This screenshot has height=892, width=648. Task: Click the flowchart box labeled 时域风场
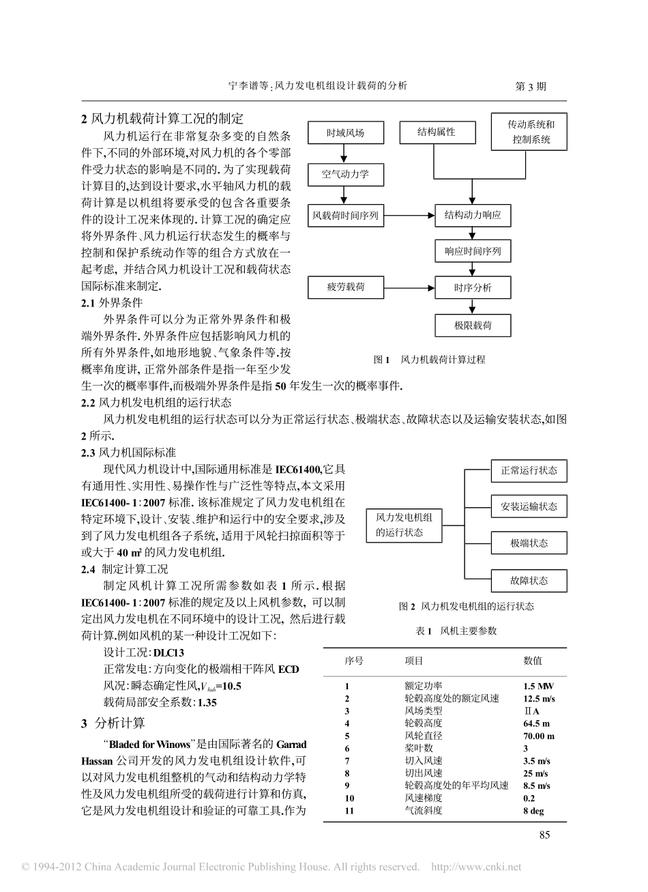[345, 134]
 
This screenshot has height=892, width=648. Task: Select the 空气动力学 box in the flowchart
[345, 174]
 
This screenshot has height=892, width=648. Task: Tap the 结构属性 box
[437, 132]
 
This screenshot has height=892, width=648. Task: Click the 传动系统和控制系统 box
[531, 133]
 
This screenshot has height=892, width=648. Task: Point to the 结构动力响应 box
[473, 216]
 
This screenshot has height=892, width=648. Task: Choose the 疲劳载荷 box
[346, 287]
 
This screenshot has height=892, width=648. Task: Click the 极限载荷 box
[473, 326]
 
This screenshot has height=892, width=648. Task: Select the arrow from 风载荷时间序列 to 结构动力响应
[409, 216]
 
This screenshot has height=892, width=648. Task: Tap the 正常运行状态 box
[529, 470]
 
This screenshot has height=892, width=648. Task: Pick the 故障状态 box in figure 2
[529, 581]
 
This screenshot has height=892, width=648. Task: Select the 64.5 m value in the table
[537, 723]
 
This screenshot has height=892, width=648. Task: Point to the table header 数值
[533, 661]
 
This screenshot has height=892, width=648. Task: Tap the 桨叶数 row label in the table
[419, 748]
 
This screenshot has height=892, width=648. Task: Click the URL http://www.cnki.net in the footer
[477, 867]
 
